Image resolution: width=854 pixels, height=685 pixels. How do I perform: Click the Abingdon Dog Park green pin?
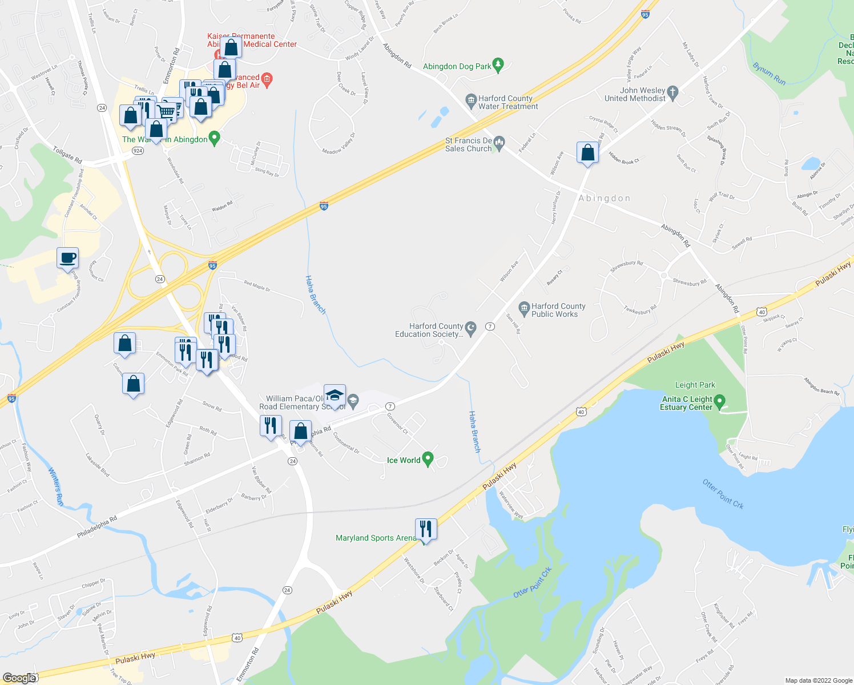(498, 65)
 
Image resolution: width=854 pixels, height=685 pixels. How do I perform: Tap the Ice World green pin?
(428, 460)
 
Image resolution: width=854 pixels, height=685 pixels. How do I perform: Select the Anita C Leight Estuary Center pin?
(719, 402)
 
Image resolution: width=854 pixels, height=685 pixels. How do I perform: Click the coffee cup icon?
(67, 258)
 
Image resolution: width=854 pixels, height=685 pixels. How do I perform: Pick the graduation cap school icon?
(335, 395)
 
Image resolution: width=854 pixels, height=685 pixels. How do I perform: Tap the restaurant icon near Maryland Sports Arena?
(426, 529)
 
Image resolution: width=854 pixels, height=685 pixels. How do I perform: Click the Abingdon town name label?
(604, 198)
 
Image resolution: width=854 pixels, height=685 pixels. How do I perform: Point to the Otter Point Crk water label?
(723, 494)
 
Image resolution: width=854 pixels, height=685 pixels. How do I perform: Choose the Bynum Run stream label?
(769, 74)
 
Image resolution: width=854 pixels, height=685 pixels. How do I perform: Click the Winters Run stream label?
(56, 486)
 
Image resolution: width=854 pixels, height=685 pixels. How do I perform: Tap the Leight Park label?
(695, 385)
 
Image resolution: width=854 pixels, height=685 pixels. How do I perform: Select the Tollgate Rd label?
(67, 154)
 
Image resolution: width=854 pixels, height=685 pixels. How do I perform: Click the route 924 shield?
(137, 151)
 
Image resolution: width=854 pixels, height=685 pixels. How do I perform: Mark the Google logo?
(19, 678)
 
